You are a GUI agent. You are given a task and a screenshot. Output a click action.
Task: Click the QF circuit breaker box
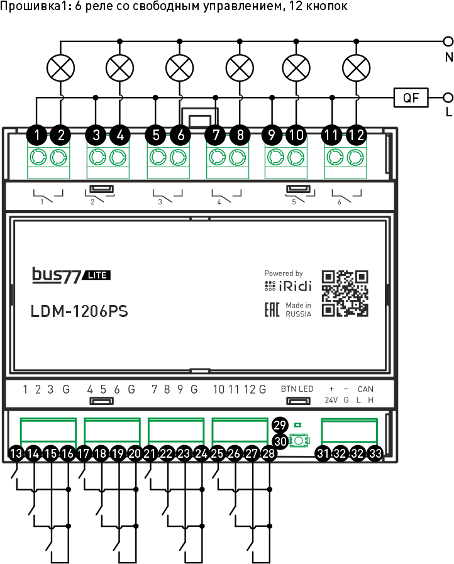tap(411, 97)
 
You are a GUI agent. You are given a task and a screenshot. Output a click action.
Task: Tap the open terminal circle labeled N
tap(448, 42)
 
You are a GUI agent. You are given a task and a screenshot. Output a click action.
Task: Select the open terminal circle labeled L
tap(448, 97)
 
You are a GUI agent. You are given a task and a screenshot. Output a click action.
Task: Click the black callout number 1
tap(38, 134)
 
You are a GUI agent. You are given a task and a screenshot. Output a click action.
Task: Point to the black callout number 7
tap(216, 134)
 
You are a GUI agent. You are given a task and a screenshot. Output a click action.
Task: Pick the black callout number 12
tap(357, 134)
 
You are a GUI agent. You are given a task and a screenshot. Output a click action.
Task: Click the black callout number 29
tap(280, 424)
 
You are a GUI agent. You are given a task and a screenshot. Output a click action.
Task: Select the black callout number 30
tap(280, 441)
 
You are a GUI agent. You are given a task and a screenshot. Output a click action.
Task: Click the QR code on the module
tap(345, 293)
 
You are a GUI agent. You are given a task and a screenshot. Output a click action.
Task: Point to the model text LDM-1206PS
tap(79, 311)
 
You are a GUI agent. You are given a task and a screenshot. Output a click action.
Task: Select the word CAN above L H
tap(365, 389)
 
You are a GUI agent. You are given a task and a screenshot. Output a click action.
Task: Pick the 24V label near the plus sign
tap(331, 400)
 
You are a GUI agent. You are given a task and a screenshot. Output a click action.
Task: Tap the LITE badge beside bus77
tap(97, 275)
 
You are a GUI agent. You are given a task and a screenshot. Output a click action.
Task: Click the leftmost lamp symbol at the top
tap(61, 67)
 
